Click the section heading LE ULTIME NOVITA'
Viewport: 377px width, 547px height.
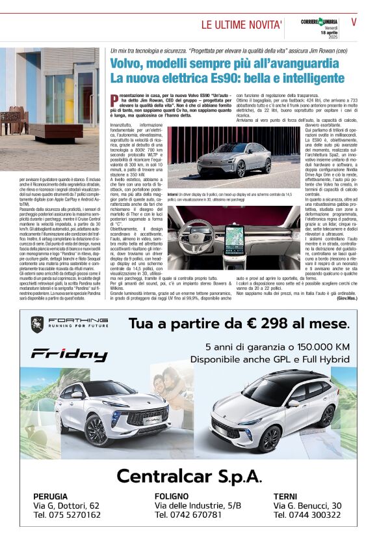[x=242, y=25]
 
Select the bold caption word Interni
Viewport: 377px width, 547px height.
[x=174, y=194]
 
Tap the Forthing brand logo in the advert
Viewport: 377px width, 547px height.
[x=69, y=322]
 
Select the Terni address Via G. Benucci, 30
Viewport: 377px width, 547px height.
[x=307, y=505]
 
